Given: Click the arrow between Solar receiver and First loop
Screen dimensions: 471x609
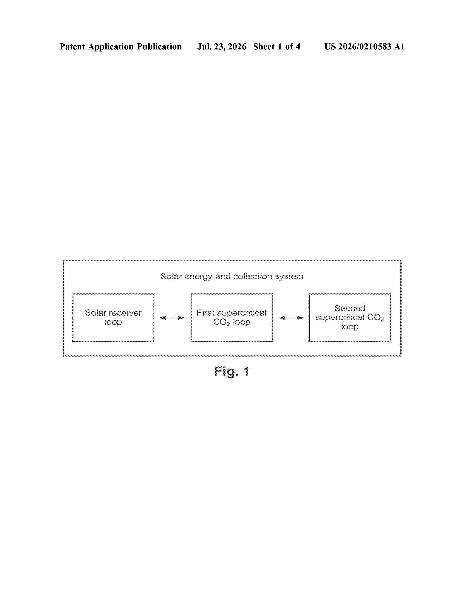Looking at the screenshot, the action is pos(172,318).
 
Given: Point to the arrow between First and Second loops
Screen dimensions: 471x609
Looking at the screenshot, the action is pos(291,318).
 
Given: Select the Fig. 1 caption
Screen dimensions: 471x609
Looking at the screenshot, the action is pos(232,372).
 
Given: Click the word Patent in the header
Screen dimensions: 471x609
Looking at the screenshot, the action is pos(72,47).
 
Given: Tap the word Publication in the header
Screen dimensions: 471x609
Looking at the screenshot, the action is pos(159,47).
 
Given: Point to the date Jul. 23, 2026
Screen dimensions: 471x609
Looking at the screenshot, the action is pos(222,47).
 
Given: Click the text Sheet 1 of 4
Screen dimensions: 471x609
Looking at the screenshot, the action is pos(277,47).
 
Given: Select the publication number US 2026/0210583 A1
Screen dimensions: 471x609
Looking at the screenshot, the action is pos(364,47).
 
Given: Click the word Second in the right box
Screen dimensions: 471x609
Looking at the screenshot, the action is pos(350,308).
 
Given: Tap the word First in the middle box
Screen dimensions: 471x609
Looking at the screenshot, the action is pos(205,313).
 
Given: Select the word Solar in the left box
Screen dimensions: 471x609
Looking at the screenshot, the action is pos(95,313).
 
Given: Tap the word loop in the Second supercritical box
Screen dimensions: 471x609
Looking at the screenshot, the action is pos(350,326).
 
